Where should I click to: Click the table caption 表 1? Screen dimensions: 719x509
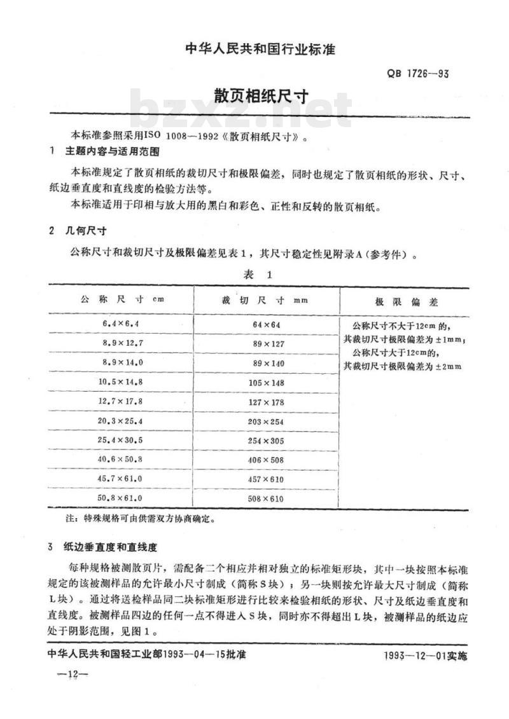click(x=258, y=275)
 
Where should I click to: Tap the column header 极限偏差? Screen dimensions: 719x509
click(x=407, y=301)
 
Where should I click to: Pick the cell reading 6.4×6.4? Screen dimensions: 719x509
click(x=120, y=324)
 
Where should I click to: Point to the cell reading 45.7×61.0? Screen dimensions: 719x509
click(x=120, y=479)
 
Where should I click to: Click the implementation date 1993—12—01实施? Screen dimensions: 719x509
click(x=425, y=656)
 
